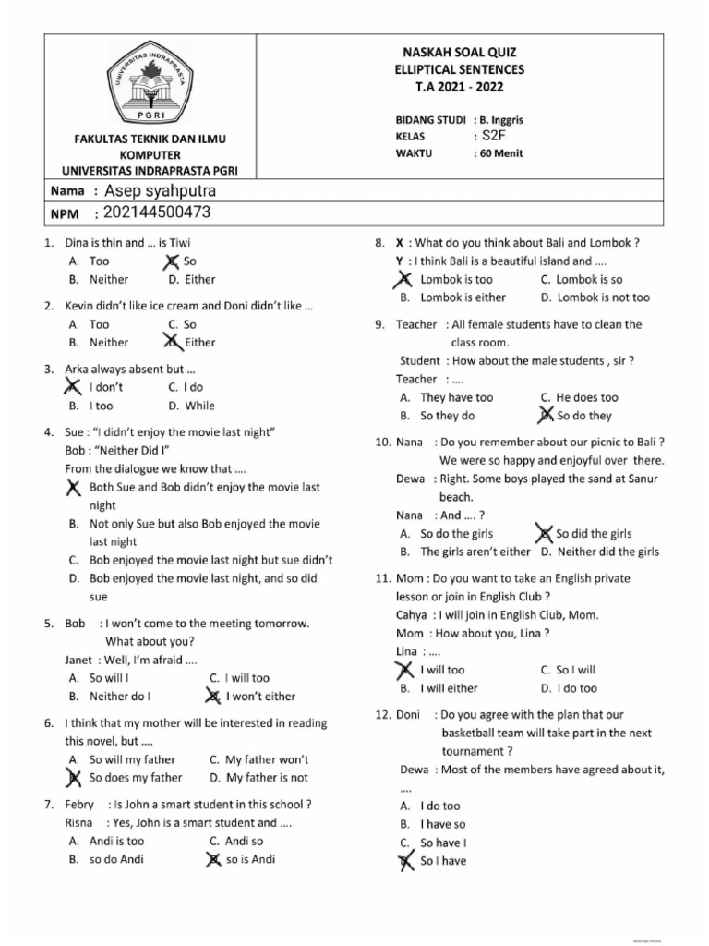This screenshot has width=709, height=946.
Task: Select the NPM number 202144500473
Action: [158, 213]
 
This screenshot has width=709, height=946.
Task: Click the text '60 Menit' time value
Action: [501, 153]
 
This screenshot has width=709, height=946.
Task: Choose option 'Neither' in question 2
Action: [108, 342]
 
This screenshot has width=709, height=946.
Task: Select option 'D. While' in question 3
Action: [192, 406]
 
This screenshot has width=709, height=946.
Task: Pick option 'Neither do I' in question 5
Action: [119, 697]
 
